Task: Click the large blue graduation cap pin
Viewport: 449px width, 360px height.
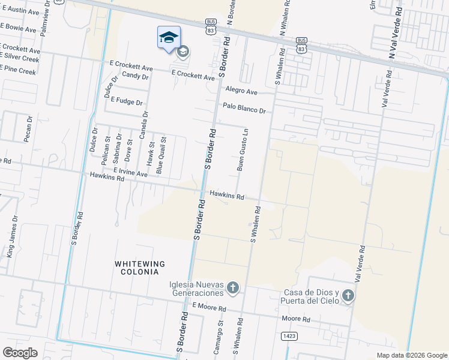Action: [169, 37]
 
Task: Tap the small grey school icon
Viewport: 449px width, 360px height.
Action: [183, 52]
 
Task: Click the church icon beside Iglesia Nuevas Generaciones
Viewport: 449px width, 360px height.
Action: [233, 289]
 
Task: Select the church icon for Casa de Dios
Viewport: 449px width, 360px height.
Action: [348, 296]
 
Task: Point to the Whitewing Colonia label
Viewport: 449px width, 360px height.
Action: [140, 268]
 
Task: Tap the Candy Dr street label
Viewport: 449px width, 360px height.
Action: [134, 76]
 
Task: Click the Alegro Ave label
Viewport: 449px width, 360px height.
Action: [241, 91]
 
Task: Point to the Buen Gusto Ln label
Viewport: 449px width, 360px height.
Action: [242, 149]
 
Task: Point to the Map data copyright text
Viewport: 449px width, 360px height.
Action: [411, 355]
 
